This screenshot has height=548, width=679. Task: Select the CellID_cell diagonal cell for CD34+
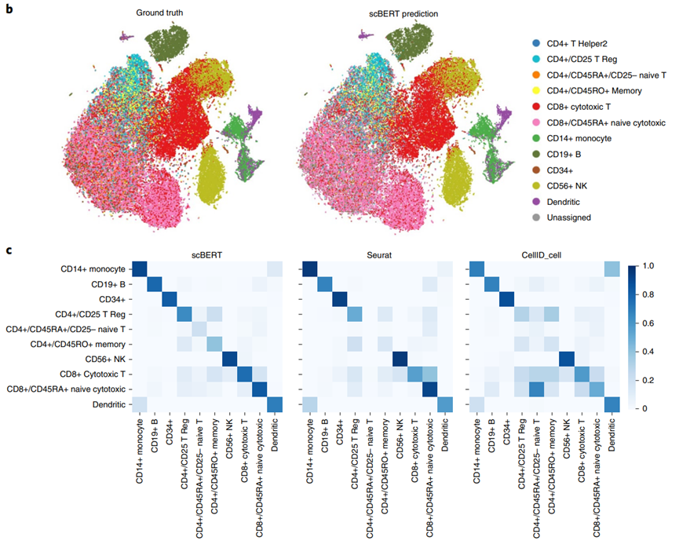[x=506, y=299]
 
